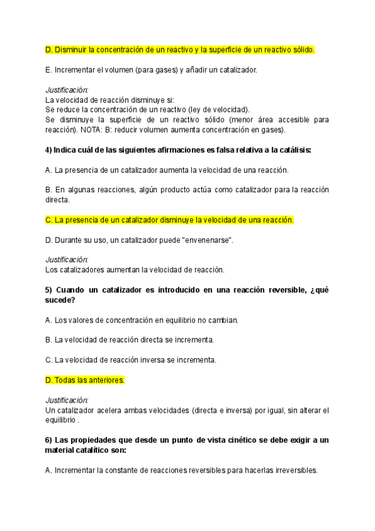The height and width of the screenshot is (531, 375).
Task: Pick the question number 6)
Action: click(x=49, y=440)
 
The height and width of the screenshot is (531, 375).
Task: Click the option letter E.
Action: click(x=49, y=70)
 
